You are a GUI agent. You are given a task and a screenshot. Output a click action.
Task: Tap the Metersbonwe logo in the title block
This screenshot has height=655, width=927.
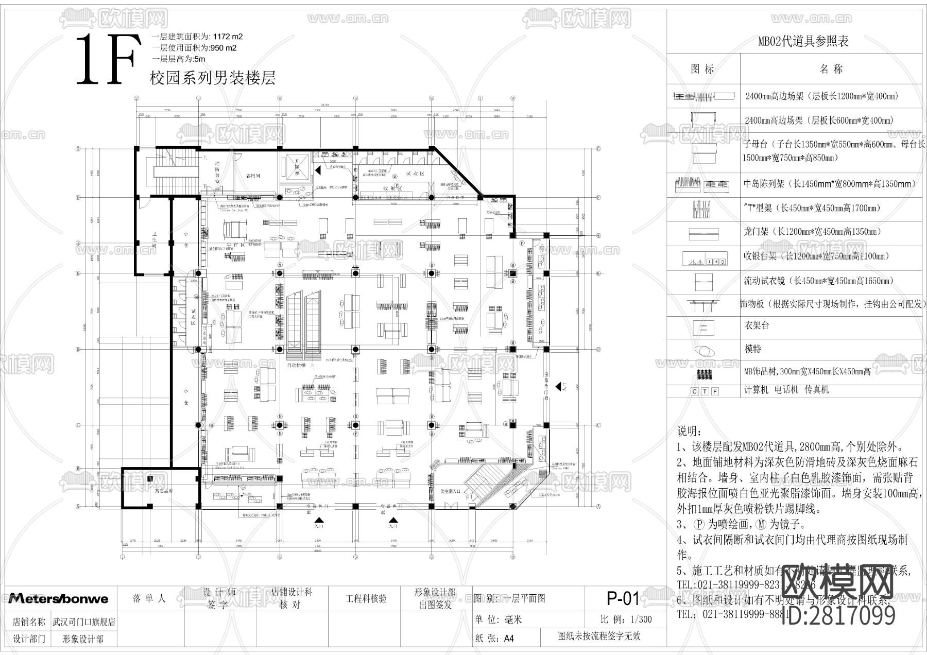tap(58, 598)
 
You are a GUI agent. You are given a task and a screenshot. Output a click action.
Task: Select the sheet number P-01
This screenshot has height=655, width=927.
tap(623, 598)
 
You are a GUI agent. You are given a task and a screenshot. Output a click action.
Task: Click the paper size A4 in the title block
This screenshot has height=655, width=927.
tap(508, 639)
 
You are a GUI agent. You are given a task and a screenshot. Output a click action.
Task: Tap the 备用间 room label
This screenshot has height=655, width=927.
tap(252, 176)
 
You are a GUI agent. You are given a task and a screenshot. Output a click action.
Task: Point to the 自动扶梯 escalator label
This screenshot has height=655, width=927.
tap(298, 365)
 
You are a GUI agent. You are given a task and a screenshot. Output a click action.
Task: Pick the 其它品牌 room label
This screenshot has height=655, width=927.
tap(164, 491)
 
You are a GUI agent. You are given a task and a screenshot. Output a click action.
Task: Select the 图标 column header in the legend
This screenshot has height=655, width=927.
tap(702, 70)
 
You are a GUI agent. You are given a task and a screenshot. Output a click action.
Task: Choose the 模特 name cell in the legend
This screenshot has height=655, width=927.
tap(753, 349)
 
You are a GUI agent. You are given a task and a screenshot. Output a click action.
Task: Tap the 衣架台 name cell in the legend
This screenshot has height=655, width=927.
tap(756, 325)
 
